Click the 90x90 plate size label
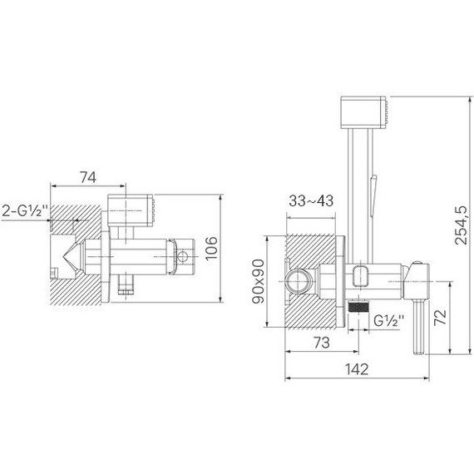coord(259,280)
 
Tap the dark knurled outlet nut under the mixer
coord(358,307)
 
